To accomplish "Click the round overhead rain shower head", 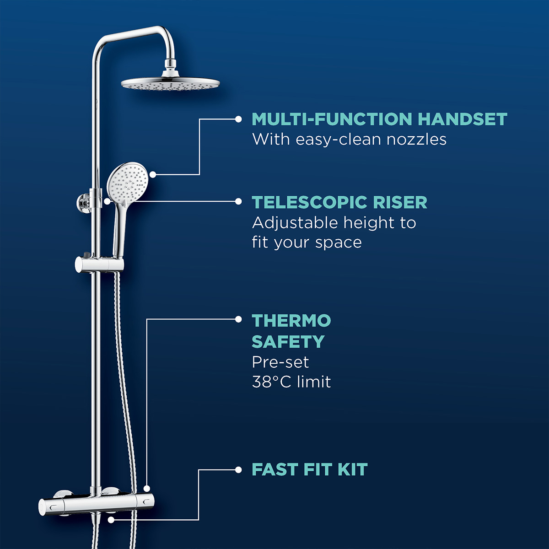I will tap(170, 84).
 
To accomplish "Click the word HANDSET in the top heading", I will tap(462, 119).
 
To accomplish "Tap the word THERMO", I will tap(291, 321).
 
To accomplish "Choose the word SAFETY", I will tap(288, 342).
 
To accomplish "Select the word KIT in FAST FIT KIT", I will tap(352, 469).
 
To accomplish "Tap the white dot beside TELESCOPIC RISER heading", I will tap(238, 201).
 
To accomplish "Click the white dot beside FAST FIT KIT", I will tap(238, 469).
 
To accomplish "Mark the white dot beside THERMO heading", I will tap(238, 320).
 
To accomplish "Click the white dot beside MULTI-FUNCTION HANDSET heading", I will tap(238, 119).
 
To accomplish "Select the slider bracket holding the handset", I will tap(99, 264).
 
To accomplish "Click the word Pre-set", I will tap(280, 362).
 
